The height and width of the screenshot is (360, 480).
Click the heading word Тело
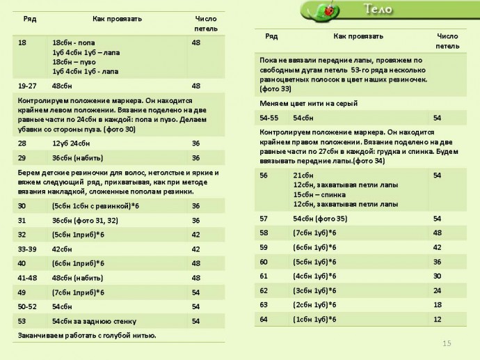point(377,10)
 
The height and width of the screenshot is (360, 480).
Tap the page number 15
point(447,343)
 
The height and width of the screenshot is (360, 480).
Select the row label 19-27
point(27,86)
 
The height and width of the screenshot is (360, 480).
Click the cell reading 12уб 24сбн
point(71,143)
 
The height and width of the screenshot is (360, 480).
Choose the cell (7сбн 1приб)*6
point(77,292)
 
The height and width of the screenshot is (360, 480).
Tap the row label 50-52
point(27,306)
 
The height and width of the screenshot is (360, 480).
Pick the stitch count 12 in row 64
point(437,319)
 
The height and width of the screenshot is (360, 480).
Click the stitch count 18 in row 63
point(437,304)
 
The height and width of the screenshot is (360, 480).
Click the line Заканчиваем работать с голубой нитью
point(86,336)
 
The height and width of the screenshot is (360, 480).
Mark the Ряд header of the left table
point(30,19)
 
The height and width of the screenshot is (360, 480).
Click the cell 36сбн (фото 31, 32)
point(85,220)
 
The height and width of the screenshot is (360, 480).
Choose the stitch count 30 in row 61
point(437,276)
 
